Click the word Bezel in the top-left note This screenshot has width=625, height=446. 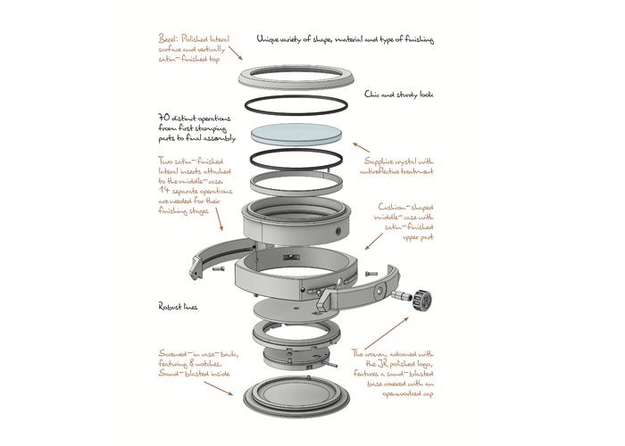pyautogui.click(x=165, y=40)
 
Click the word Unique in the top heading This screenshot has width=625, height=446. pyautogui.click(x=270, y=40)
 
